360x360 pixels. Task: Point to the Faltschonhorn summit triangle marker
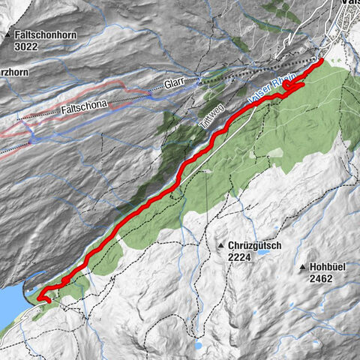(7, 35)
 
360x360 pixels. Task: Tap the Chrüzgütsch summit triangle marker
(221, 245)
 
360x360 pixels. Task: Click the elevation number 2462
(319, 277)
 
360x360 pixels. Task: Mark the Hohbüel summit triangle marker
(302, 267)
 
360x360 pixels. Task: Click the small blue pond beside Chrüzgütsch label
(262, 253)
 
